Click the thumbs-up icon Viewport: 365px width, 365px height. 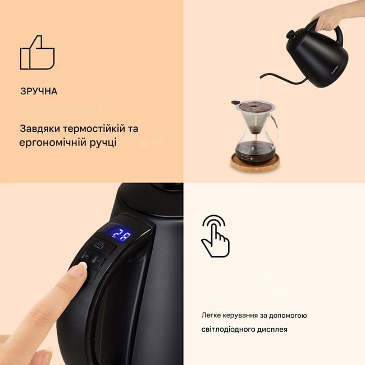pyautogui.click(x=37, y=53)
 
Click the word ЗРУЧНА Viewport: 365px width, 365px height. pyautogui.click(x=39, y=91)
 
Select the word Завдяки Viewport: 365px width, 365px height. pyautogui.click(x=40, y=129)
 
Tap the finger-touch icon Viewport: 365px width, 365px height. pyautogui.click(x=216, y=236)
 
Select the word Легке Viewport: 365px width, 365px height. pyautogui.click(x=211, y=316)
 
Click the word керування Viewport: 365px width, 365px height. pyautogui.click(x=240, y=316)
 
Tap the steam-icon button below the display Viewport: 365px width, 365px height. pyautogui.click(x=99, y=245)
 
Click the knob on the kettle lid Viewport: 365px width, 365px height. pyautogui.click(x=291, y=35)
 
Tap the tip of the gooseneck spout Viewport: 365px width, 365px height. pyautogui.click(x=261, y=78)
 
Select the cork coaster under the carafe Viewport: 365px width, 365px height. pyautogui.click(x=255, y=162)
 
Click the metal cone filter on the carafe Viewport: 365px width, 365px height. pyautogui.click(x=255, y=116)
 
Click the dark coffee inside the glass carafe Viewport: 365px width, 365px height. pyautogui.click(x=255, y=150)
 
